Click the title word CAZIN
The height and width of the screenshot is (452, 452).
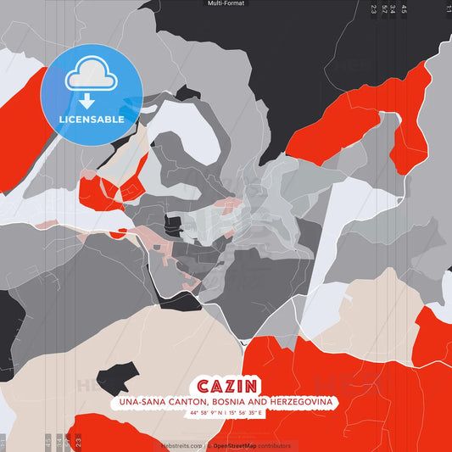click(x=225, y=386)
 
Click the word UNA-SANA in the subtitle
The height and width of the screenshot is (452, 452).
click(x=139, y=401)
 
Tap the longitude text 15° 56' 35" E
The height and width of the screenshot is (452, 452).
click(x=246, y=413)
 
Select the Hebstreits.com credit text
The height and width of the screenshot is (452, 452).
click(x=181, y=445)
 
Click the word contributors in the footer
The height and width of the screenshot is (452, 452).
click(x=272, y=445)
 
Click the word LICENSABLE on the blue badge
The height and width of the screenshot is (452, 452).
click(x=92, y=120)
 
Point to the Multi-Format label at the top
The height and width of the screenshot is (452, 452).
click(x=226, y=3)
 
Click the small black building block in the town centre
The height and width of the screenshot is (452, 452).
click(x=173, y=225)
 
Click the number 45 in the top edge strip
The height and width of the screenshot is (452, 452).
click(x=405, y=9)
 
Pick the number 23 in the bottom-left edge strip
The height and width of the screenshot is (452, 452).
click(x=78, y=441)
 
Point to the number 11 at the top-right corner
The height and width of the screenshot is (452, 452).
click(x=448, y=9)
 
